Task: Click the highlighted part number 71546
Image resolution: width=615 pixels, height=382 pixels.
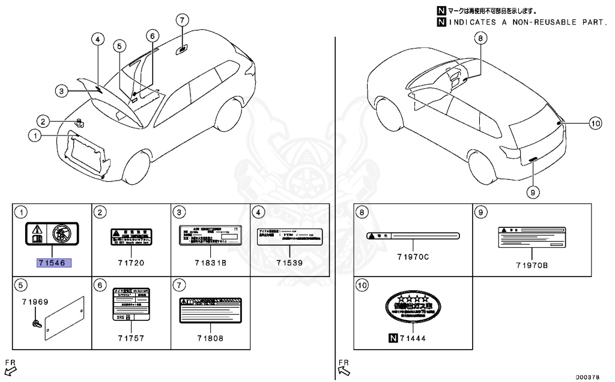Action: click(54, 263)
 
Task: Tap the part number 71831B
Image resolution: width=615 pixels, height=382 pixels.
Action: click(211, 263)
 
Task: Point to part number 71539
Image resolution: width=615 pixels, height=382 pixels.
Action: click(289, 263)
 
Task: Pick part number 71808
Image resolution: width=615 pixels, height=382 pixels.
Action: click(210, 338)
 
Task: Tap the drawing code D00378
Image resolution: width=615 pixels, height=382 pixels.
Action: click(587, 377)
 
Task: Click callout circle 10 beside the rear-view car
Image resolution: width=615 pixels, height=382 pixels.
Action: click(595, 124)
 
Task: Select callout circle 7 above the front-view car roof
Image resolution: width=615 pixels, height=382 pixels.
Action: click(183, 19)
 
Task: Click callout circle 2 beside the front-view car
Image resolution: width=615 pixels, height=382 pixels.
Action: click(43, 121)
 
